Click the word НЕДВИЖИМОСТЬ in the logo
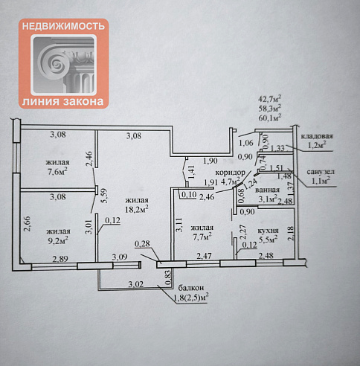tap(63, 26)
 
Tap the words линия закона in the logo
tap(63, 101)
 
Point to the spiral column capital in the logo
tap(63, 65)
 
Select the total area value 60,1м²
tap(269, 118)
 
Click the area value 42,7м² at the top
tap(269, 99)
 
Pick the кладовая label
tap(317, 136)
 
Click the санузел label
tap(321, 172)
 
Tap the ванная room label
tap(267, 190)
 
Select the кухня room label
tap(269, 231)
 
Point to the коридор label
tap(231, 173)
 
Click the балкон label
tap(191, 288)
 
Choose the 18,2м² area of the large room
tap(137, 209)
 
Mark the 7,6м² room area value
tap(58, 171)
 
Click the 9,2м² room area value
tap(58, 240)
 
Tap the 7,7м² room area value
tap(202, 237)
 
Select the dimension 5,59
tap(104, 196)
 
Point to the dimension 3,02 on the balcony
tap(136, 284)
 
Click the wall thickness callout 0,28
tap(143, 244)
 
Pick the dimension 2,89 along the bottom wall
tap(60, 259)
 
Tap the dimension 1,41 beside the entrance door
tap(191, 172)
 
